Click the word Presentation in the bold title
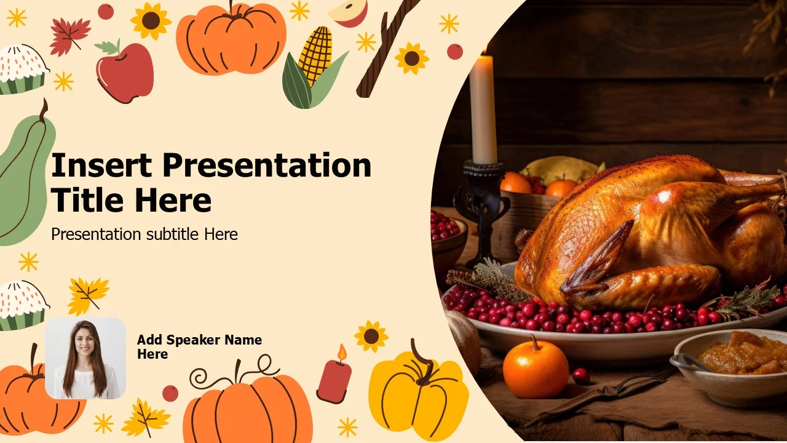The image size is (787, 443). click(267, 165)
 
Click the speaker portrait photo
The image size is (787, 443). click(85, 358)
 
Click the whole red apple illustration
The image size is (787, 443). click(124, 71)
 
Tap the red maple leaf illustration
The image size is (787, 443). click(69, 36)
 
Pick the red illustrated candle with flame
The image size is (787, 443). click(334, 376)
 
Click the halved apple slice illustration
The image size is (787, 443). click(349, 13)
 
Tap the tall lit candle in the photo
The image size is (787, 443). click(483, 107)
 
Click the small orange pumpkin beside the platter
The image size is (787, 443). click(536, 367)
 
